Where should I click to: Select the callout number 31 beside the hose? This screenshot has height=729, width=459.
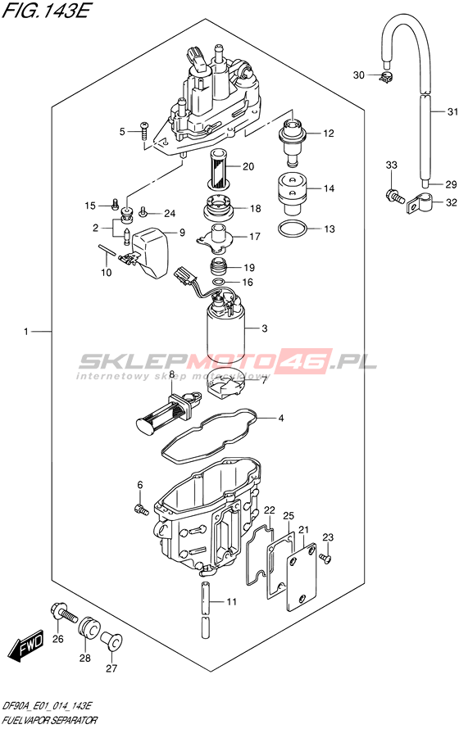[x=452, y=111]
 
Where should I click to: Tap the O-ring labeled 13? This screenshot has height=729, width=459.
[x=293, y=229]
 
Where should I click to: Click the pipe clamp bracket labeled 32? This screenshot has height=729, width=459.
[x=420, y=203]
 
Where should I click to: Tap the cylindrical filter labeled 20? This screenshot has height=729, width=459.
[x=217, y=169]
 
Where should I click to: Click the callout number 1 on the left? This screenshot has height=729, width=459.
[x=26, y=332]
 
